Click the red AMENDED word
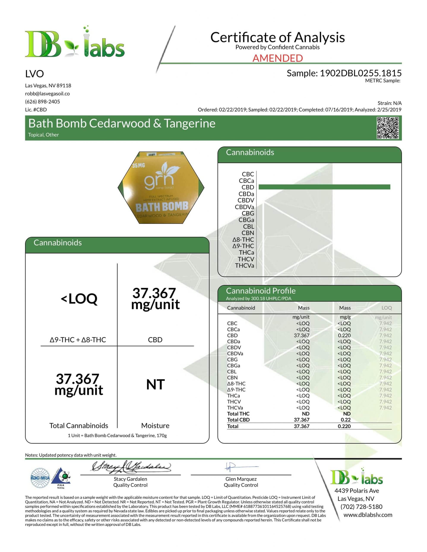tap(277, 58)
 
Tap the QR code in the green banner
tap(387, 128)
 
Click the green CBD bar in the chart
tap(324, 187)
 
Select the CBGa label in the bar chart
tap(246, 220)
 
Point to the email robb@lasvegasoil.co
tap(47, 94)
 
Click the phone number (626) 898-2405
tap(43, 102)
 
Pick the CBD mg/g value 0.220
tap(344, 335)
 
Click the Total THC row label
tap(238, 414)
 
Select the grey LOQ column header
tap(386, 308)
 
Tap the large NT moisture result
tap(155, 384)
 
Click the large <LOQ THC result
tap(79, 299)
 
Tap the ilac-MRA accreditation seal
tap(40, 478)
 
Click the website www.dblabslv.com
tap(368, 515)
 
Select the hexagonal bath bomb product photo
tap(161, 188)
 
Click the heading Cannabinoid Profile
tap(261, 291)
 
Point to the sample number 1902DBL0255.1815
tap(361, 73)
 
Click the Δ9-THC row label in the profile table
tap(236, 390)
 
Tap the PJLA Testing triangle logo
tap(61, 478)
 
